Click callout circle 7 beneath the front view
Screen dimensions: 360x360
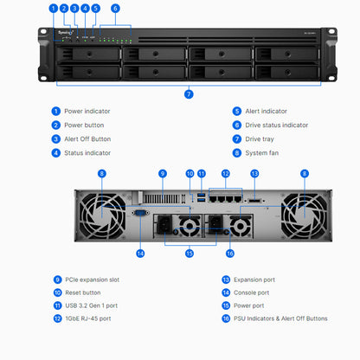(x=188, y=93)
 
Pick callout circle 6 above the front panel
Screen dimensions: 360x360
(x=115, y=8)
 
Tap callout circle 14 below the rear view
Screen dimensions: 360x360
(x=140, y=253)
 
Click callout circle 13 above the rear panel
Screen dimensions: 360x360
(x=254, y=174)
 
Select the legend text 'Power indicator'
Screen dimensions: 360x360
(x=87, y=111)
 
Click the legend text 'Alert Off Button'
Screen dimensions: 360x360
(x=88, y=138)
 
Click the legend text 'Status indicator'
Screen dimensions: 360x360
(x=87, y=152)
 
